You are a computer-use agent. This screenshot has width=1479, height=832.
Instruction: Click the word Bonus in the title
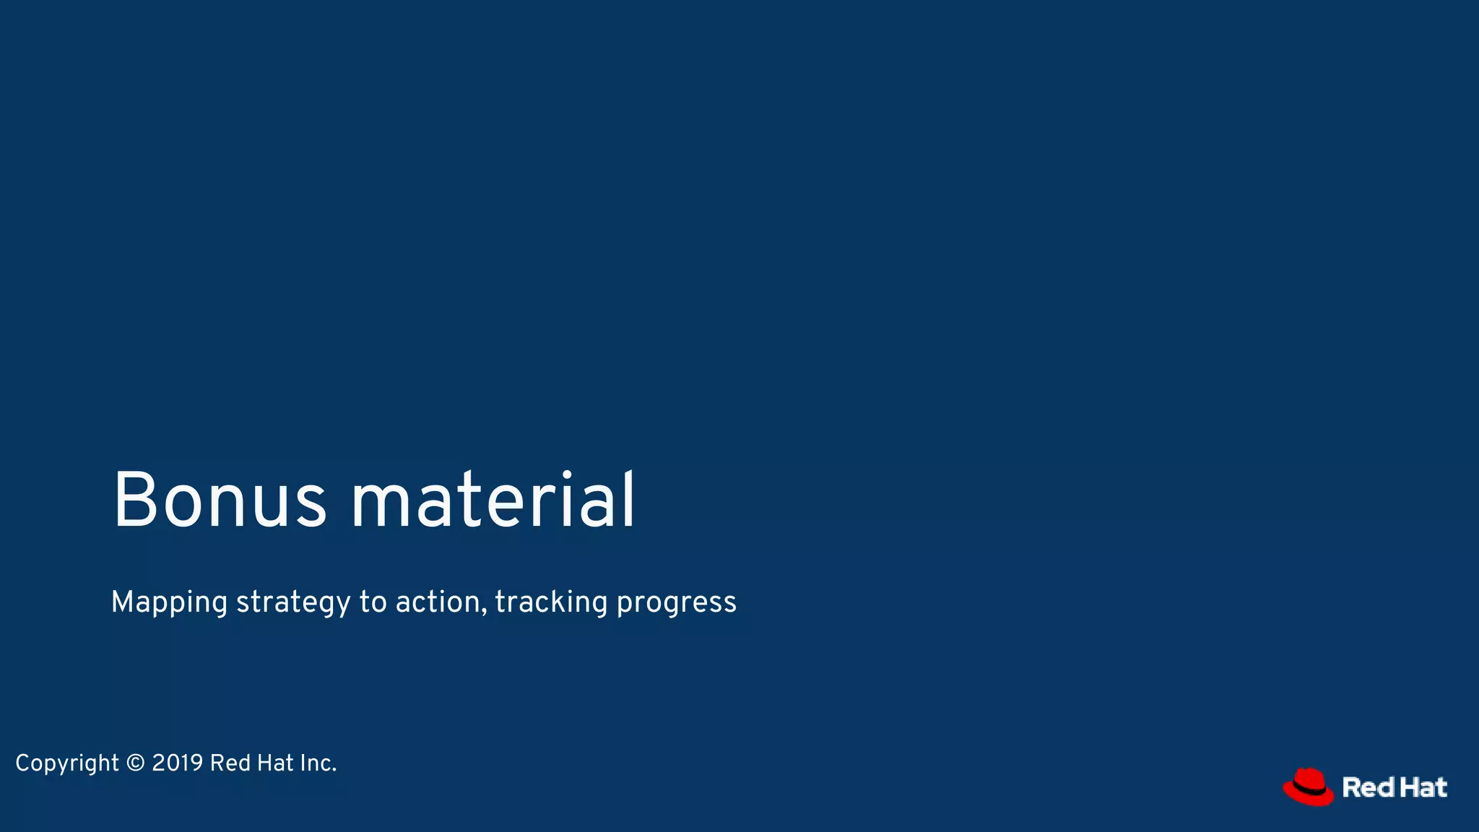pos(220,501)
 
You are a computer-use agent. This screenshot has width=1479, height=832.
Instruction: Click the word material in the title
pos(493,501)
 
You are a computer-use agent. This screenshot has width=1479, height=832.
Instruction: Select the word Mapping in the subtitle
pos(169,602)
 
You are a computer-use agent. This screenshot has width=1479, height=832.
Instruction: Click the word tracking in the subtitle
pos(551,602)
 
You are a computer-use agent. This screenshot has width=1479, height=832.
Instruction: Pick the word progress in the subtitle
pos(676,602)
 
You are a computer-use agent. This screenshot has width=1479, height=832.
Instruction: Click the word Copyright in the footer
pos(67,763)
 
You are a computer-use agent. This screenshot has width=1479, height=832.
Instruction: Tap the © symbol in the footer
pos(135,763)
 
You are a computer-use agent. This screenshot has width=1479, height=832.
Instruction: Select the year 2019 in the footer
pos(178,763)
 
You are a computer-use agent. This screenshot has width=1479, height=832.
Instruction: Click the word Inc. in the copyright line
pos(318,763)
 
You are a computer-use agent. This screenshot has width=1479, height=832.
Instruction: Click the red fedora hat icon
pos(1308,786)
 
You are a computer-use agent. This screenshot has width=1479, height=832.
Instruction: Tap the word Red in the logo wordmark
pos(1368,787)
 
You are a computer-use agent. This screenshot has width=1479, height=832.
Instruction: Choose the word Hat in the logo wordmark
pos(1423,787)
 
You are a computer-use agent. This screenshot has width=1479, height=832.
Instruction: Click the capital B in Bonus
pos(135,501)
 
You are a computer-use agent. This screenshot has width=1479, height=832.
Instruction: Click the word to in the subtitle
pos(373,602)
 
